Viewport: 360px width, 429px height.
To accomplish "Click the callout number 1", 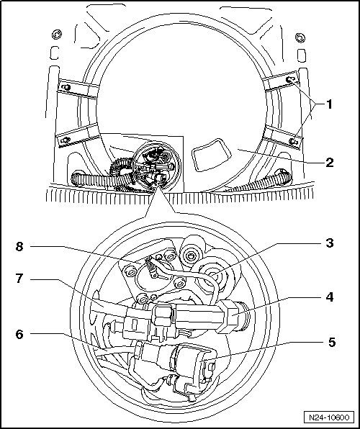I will (x=329, y=104).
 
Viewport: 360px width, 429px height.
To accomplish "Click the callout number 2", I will (x=329, y=163).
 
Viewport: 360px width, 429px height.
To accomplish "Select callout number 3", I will (x=329, y=243).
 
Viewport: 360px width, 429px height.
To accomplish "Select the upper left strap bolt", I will (x=66, y=87).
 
